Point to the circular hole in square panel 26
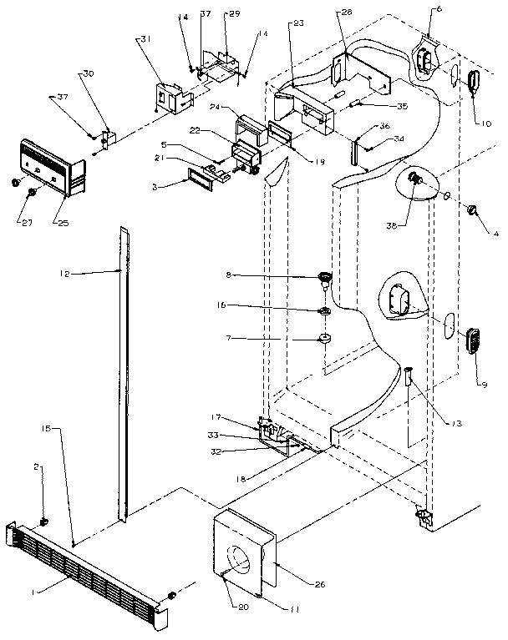point(242,558)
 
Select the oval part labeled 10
point(475,84)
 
